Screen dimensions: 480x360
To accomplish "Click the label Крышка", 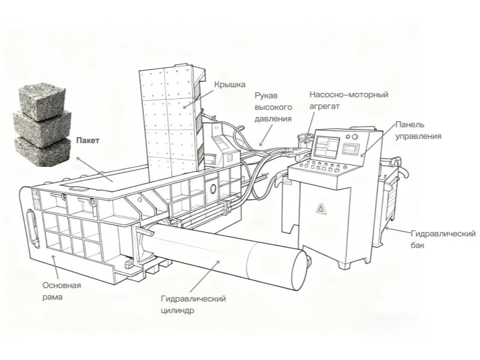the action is [x=230, y=85].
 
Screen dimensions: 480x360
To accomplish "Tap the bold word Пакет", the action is [x=88, y=140].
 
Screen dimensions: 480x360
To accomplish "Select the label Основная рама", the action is [x=62, y=291].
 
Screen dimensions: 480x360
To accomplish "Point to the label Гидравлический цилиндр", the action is [x=193, y=304].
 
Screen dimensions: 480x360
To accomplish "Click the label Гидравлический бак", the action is [x=443, y=239].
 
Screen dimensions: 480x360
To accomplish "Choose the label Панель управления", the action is [x=418, y=130].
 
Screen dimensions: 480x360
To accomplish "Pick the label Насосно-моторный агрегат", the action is [x=349, y=100].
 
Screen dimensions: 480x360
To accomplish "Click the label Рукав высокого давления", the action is [x=273, y=107].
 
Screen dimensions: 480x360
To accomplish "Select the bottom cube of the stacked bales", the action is [x=42, y=152].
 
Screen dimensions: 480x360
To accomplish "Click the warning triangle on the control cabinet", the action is [x=320, y=209].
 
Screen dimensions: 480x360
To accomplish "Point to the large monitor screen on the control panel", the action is [x=327, y=148].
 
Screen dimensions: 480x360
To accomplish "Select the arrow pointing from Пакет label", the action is [x=95, y=170].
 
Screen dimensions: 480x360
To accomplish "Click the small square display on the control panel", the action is [x=351, y=149].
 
